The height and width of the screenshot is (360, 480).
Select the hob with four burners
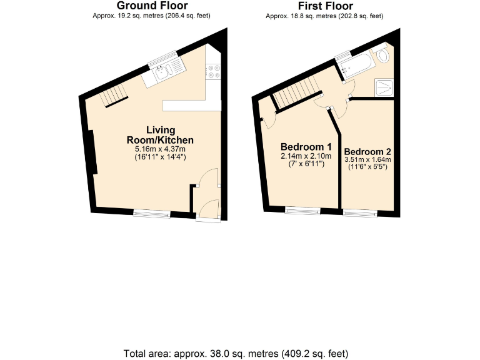[x=214, y=72]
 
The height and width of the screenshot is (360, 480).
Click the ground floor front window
[x=151, y=214]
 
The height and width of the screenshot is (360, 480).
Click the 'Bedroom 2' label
[x=367, y=152]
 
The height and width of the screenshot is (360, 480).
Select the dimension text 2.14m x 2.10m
[x=305, y=156]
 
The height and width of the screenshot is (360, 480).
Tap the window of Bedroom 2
[x=360, y=213]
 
